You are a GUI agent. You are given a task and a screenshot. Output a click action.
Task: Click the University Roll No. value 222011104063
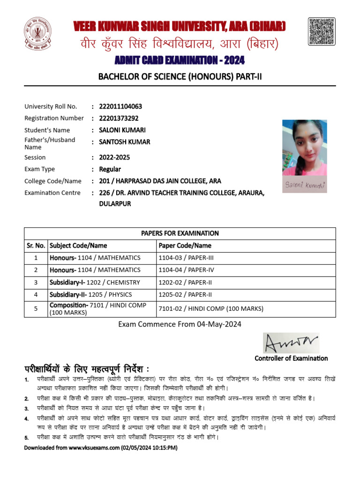click(120, 106)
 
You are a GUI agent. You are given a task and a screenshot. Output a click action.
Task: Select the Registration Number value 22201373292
click(119, 118)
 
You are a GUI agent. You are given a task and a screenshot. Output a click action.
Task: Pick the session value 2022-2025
click(114, 157)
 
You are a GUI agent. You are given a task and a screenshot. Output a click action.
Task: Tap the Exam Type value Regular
click(110, 169)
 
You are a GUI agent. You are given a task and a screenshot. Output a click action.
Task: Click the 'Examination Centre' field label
click(52, 193)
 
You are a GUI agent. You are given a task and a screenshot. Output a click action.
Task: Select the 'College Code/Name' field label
click(53, 181)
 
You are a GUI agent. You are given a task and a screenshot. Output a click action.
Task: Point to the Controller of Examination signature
click(291, 343)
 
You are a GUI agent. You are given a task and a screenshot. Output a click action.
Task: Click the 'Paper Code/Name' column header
click(185, 245)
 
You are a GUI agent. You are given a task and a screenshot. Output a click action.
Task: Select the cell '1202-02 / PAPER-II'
click(186, 282)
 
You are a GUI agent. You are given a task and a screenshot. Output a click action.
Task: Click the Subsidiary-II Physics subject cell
click(91, 294)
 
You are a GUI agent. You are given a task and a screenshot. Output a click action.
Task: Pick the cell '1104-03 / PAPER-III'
click(187, 257)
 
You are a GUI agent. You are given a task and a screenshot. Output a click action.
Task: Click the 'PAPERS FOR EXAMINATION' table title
click(180, 233)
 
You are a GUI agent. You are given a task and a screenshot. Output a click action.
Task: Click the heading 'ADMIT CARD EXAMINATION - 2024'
click(180, 61)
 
